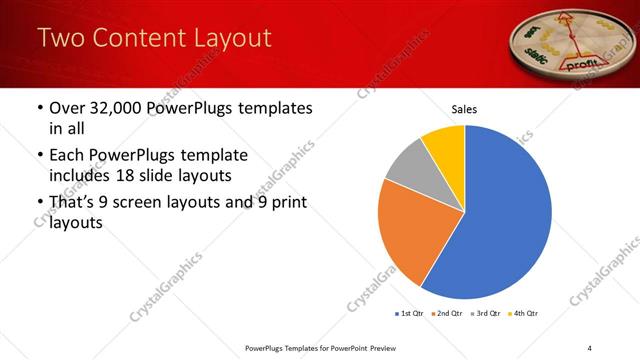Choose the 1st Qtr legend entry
pos(408,314)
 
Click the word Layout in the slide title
pos(233,39)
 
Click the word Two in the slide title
pos(63,39)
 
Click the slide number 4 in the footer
pos(589,347)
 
